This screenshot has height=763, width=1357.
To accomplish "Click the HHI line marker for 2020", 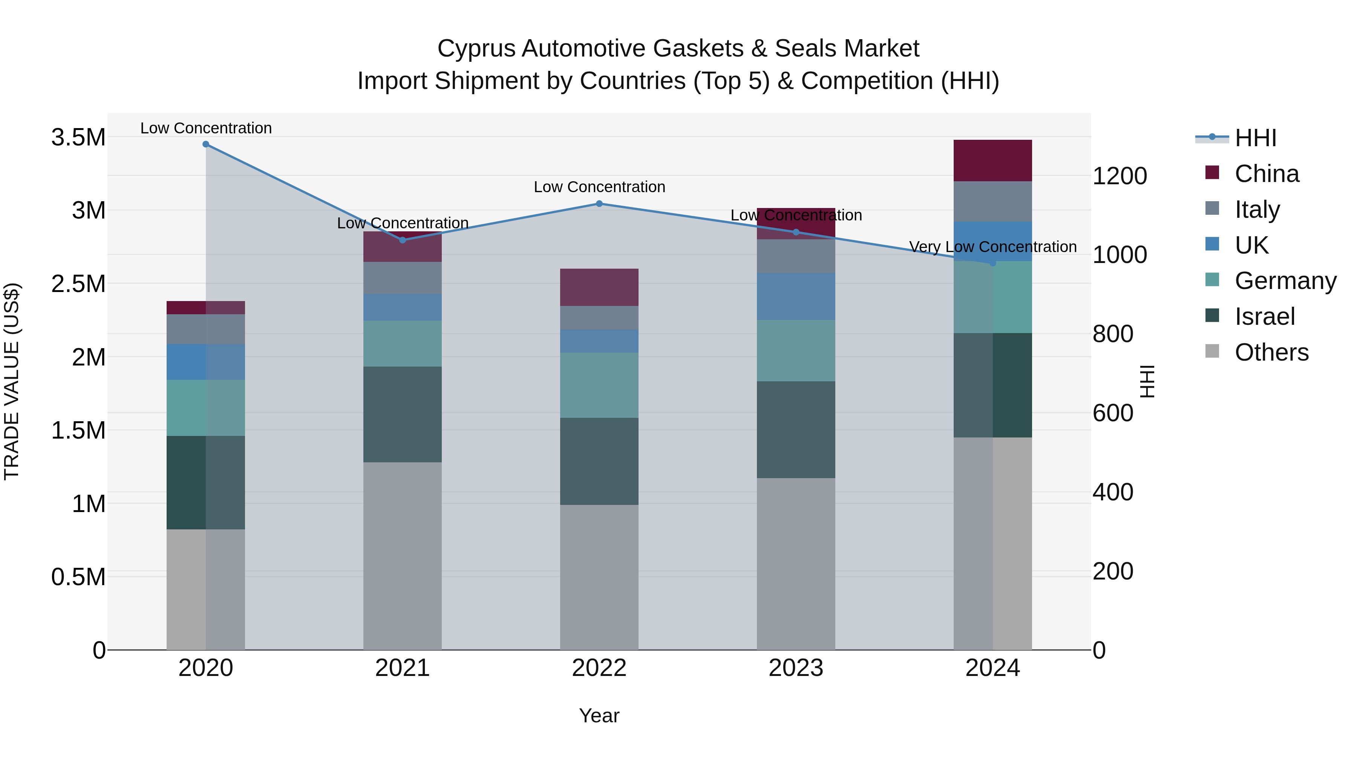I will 206,144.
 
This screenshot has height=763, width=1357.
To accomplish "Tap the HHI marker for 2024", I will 993,263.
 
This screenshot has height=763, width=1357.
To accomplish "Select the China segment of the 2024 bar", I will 992,161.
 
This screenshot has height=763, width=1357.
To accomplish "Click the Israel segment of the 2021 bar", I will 403,414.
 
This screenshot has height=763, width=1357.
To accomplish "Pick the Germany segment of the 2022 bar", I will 599,385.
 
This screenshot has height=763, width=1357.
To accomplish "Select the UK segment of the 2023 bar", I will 796,297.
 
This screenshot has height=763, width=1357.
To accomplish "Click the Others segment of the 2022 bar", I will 599,577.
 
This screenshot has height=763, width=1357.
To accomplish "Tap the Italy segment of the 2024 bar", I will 992,201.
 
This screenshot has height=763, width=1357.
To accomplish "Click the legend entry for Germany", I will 1285,281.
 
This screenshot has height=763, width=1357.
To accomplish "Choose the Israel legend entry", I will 1264,317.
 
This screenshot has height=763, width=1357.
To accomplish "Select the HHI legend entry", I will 1255,138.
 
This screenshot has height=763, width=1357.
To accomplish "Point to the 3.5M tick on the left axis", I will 78,138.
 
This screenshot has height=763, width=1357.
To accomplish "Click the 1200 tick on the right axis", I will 1120,176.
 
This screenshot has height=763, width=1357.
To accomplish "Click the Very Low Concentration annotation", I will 992,246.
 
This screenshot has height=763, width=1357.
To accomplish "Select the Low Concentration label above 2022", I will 599,187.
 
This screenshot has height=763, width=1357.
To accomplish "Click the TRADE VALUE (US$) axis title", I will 12,381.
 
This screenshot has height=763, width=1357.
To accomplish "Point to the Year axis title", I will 599,716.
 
